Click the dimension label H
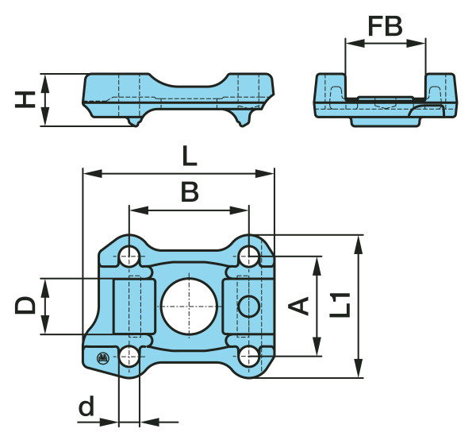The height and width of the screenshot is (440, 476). pos(27,100)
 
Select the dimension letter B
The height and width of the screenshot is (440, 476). pos(188,192)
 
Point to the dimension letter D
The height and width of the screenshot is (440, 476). pos(27,306)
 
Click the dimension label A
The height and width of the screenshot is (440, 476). pos(299,306)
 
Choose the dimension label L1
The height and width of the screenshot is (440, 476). pos(340,305)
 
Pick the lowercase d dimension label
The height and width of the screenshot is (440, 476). pos(86,408)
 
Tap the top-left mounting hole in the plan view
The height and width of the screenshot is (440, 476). pos(129,256)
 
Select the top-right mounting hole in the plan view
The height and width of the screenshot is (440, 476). pos(249,256)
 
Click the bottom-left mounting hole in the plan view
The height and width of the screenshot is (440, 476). pos(129,355)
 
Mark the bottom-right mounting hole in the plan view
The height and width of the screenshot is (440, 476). pos(249,355)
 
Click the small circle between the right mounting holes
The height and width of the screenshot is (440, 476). pos(248,306)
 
